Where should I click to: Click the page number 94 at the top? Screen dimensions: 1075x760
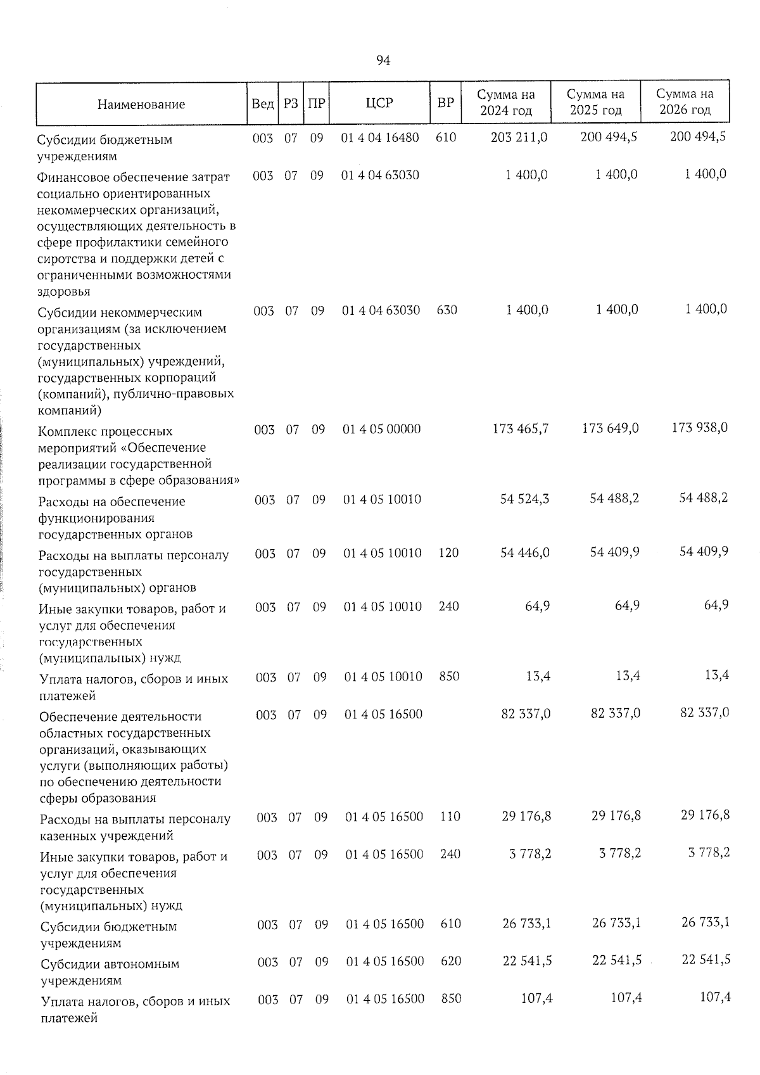[383, 60]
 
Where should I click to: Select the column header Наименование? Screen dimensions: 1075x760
[141, 104]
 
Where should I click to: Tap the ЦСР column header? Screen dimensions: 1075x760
[379, 103]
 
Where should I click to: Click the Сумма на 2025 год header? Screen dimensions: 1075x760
[595, 102]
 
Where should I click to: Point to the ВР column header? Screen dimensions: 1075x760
[446, 102]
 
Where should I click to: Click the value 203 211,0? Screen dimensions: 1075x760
[519, 137]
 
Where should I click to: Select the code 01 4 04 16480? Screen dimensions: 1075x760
[380, 137]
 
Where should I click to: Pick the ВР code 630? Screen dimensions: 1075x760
[446, 310]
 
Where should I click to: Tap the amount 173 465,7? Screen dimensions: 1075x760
[521, 429]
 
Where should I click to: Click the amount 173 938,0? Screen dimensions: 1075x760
[700, 428]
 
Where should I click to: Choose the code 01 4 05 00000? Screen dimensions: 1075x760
[381, 429]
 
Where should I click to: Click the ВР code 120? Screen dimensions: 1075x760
[448, 553]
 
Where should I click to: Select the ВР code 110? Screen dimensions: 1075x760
[450, 817]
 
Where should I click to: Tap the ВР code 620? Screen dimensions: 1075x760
[451, 961]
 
